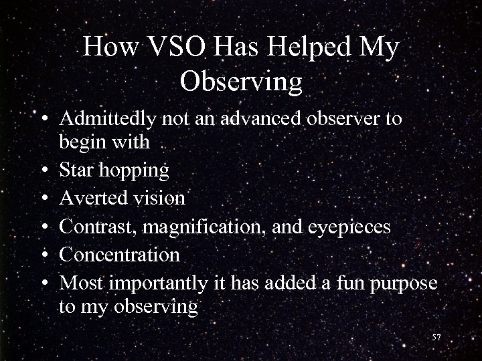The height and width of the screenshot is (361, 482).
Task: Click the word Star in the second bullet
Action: pyautogui.click(x=76, y=170)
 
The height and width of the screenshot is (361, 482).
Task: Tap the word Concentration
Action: pyautogui.click(x=120, y=255)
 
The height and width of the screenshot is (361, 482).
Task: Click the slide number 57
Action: pyautogui.click(x=437, y=338)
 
